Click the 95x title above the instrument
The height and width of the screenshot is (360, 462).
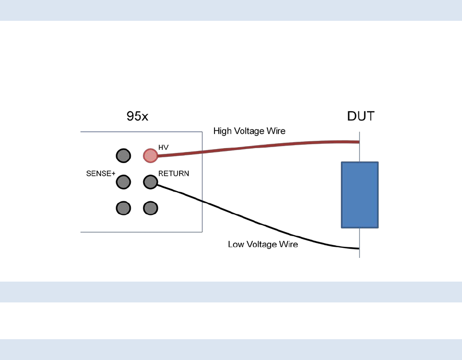tap(137, 117)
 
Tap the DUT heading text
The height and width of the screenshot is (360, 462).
tap(361, 117)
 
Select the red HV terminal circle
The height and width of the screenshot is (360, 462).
tap(150, 156)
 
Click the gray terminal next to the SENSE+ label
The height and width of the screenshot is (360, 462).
tap(123, 182)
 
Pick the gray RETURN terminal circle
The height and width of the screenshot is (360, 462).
tap(150, 182)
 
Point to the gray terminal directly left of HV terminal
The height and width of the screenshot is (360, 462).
tap(123, 156)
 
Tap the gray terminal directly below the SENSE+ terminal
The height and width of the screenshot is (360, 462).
tap(123, 208)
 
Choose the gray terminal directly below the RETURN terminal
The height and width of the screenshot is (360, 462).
tap(150, 208)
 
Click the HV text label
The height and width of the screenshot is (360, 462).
tap(163, 147)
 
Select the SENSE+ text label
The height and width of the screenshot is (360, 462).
tap(101, 174)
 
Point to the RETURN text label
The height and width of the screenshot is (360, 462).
tap(174, 173)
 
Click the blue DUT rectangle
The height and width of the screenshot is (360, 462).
tap(360, 195)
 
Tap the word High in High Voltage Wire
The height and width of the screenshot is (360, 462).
tap(222, 131)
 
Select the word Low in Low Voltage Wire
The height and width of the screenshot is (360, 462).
tap(235, 244)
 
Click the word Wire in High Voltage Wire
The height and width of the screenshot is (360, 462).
tap(276, 131)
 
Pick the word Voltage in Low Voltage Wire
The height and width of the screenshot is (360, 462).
tap(262, 244)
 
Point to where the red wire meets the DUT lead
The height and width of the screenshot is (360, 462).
tap(359, 142)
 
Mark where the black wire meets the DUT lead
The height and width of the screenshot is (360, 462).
tap(359, 249)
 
